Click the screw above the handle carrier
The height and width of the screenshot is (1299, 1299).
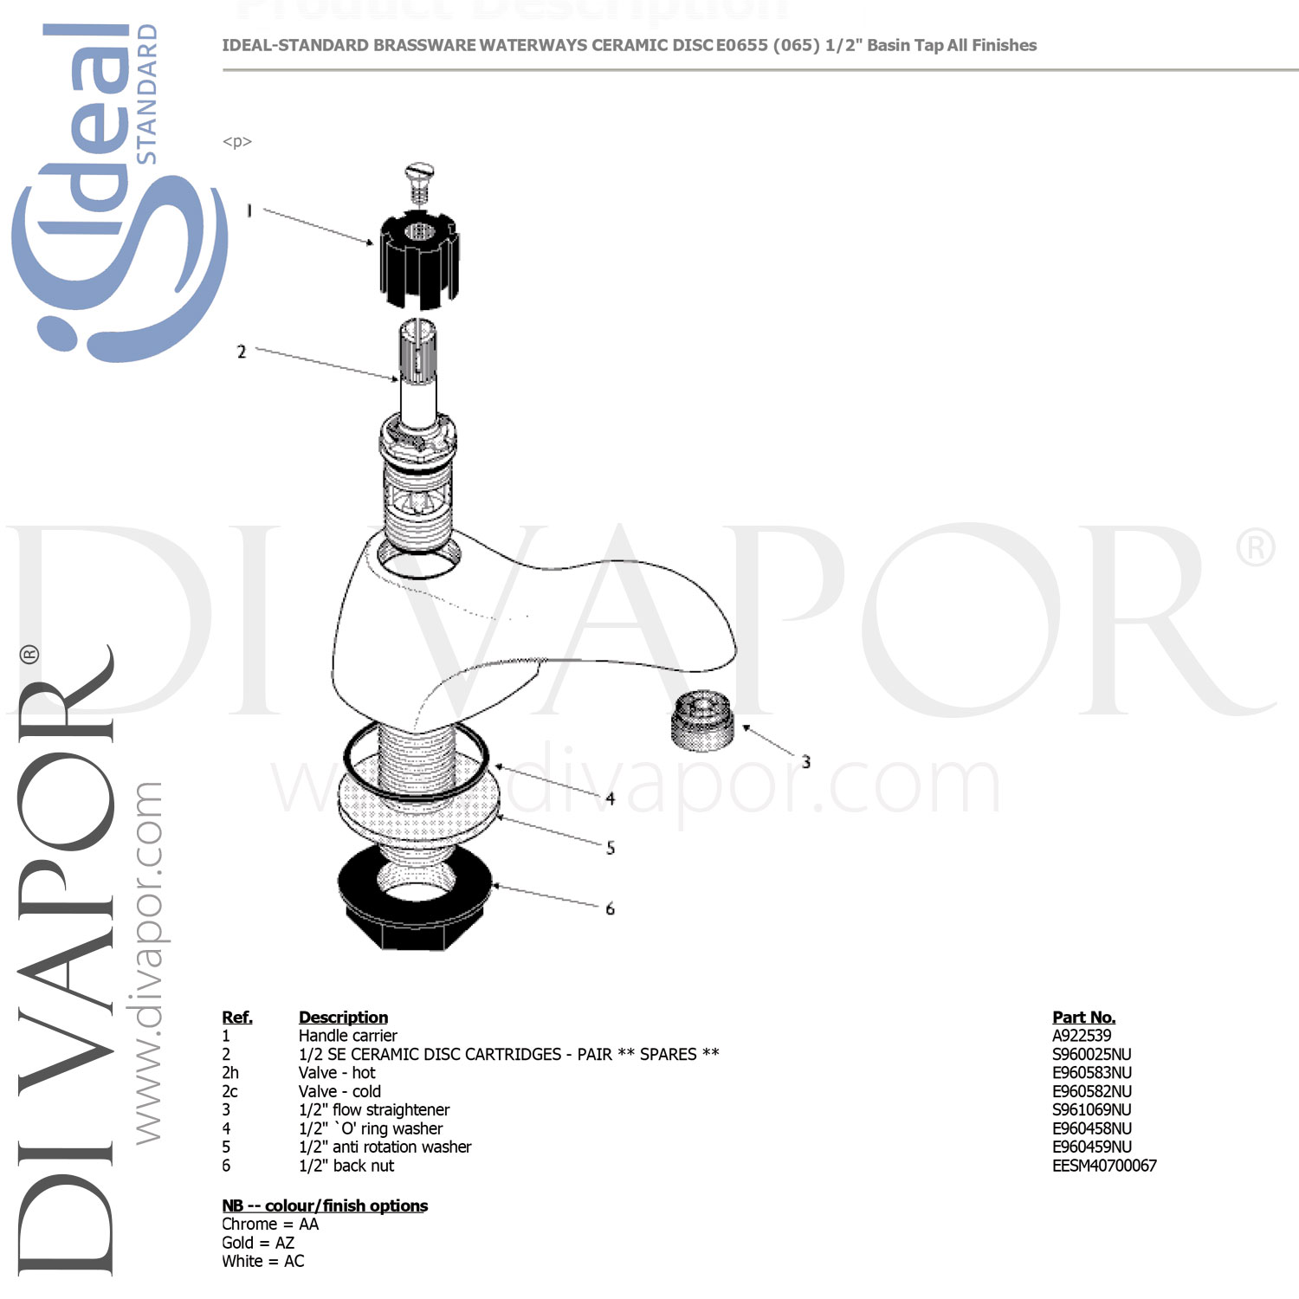coord(419,183)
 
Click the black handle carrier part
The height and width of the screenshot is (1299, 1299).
coord(419,259)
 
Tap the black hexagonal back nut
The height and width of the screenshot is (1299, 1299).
coord(414,897)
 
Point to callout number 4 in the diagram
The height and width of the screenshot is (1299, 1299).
coord(611,798)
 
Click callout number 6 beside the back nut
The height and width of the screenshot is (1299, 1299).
coord(611,908)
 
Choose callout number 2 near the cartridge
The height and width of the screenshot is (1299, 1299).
coord(242,352)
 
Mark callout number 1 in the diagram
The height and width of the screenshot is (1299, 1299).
coord(249,210)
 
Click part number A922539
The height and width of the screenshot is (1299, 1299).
coord(1082,1036)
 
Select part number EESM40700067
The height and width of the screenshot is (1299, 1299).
coord(1104,1166)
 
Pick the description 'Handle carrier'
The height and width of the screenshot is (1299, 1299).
coord(347,1036)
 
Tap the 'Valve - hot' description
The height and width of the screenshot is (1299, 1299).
coord(337,1073)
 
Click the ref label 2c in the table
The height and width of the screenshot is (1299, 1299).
coord(229,1091)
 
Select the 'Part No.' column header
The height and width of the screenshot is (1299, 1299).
coord(1083,1018)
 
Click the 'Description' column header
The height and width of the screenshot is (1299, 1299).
coord(343,1018)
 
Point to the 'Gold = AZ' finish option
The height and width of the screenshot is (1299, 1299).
coord(258,1243)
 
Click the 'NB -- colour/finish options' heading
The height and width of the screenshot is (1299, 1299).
coord(325,1205)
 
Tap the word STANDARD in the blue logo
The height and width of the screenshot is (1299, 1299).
coord(147,94)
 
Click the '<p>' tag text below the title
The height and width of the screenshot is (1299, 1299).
coord(237,142)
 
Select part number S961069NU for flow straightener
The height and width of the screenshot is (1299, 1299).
coord(1091,1110)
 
